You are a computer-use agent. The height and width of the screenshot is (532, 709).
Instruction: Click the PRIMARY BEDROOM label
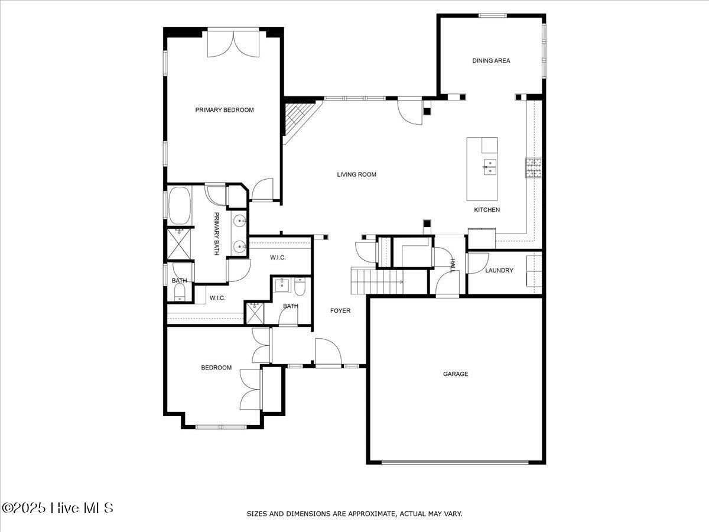(225, 110)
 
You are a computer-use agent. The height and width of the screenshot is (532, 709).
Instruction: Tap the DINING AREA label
(491, 60)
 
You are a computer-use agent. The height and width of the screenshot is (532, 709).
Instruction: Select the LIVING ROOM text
(356, 174)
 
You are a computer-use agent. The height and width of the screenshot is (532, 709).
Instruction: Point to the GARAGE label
(456, 374)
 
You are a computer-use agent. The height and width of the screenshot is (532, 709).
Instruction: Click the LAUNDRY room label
(499, 271)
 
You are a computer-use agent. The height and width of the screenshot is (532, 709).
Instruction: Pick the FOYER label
(340, 310)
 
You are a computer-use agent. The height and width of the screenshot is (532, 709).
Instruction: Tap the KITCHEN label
(487, 210)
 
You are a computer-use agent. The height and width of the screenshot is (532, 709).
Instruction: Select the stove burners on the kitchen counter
(534, 168)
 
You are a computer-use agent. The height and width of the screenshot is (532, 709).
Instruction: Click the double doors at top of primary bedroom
(235, 44)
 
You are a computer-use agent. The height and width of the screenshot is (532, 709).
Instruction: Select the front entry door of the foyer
(328, 353)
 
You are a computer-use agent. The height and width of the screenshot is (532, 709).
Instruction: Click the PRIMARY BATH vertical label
(216, 233)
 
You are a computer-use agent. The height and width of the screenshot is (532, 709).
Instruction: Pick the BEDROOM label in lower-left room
(216, 368)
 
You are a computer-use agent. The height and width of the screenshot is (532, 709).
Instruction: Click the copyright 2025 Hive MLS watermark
(57, 507)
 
